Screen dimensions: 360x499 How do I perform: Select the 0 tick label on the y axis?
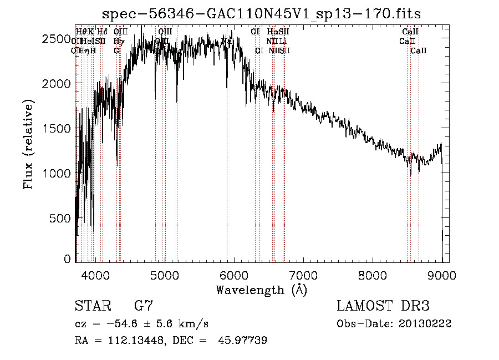click(x=68, y=258)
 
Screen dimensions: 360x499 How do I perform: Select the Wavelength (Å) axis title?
click(x=262, y=289)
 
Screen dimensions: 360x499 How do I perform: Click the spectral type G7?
click(x=144, y=306)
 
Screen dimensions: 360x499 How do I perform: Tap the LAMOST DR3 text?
click(x=383, y=306)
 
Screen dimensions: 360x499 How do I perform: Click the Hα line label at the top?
click(x=272, y=32)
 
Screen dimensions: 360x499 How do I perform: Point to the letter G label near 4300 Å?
click(x=116, y=50)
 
